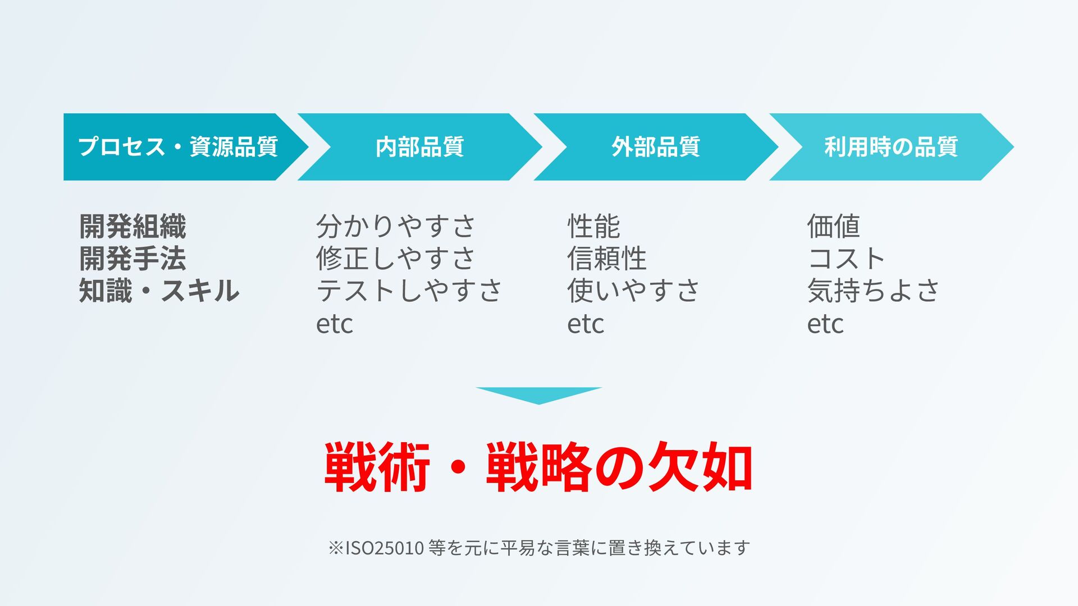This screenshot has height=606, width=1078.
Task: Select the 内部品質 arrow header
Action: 419,147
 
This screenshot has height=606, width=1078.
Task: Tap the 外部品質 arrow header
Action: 655,147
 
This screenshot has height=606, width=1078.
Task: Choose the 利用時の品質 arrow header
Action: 890,147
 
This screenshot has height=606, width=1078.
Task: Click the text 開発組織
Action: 133,227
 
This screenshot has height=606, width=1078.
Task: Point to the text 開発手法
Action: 133,259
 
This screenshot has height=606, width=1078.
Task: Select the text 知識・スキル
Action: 159,291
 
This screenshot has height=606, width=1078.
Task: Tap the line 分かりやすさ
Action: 396,227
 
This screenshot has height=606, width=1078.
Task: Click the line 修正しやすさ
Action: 396,259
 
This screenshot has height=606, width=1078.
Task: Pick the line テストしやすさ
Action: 409,291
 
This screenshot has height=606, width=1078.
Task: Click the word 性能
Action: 593,227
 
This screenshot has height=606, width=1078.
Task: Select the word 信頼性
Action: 607,259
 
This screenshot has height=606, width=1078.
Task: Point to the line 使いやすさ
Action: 633,291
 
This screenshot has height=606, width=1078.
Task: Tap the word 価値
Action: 833,227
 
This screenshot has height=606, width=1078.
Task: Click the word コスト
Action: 847,259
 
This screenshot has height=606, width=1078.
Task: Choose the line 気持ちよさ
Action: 873,291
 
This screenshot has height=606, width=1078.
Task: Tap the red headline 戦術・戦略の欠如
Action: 538,467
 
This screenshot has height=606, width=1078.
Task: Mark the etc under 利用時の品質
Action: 825,324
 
